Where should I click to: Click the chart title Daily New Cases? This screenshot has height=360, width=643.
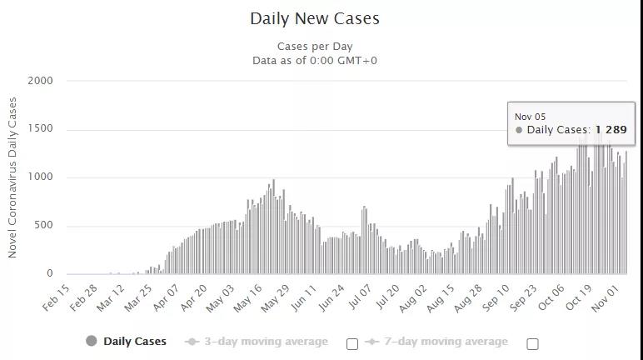315,17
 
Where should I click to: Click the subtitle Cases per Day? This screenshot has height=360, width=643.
315,47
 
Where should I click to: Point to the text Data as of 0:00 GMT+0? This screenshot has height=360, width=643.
315,61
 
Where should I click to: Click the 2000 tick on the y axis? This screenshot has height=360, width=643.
38,81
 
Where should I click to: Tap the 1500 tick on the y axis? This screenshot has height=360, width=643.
38,129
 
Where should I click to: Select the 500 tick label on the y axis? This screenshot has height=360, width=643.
42,226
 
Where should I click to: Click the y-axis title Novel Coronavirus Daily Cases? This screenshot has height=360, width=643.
12,177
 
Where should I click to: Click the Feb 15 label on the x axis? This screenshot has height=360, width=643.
55,297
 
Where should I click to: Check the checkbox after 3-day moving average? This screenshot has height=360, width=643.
352,343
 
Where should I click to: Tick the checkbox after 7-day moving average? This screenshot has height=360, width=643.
533,343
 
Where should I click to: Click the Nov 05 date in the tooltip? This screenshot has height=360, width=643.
530,117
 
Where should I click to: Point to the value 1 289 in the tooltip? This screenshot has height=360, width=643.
611,130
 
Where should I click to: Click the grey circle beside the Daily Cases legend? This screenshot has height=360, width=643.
92,341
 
